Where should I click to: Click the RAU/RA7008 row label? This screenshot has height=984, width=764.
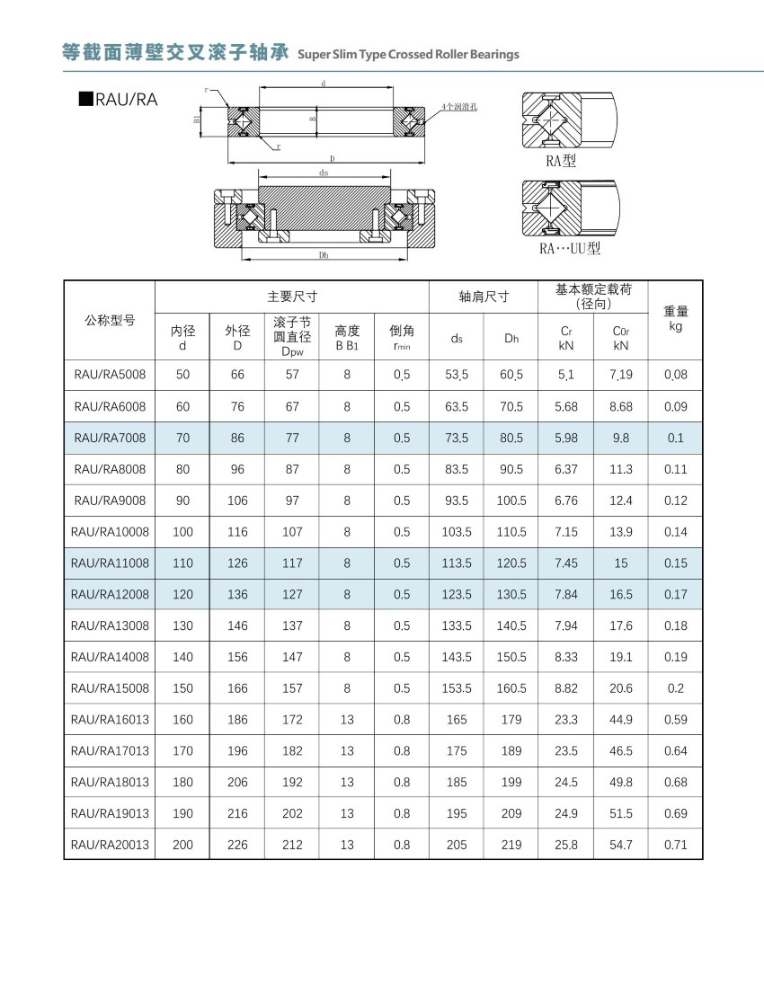pyautogui.click(x=110, y=438)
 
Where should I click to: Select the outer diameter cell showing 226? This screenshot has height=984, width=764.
pyautogui.click(x=237, y=845)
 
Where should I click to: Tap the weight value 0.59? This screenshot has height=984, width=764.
pyautogui.click(x=676, y=720)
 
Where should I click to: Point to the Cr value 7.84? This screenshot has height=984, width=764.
pyautogui.click(x=565, y=594)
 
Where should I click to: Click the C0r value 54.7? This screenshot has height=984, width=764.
pyautogui.click(x=621, y=845)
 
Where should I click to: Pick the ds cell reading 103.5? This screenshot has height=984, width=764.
pyautogui.click(x=457, y=532)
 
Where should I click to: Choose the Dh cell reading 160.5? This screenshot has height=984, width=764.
pyautogui.click(x=511, y=688)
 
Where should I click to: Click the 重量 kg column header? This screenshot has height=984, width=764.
pyautogui.click(x=676, y=318)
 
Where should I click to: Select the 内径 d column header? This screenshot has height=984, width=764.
pyautogui.click(x=182, y=338)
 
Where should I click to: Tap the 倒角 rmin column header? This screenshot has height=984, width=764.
pyautogui.click(x=402, y=338)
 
